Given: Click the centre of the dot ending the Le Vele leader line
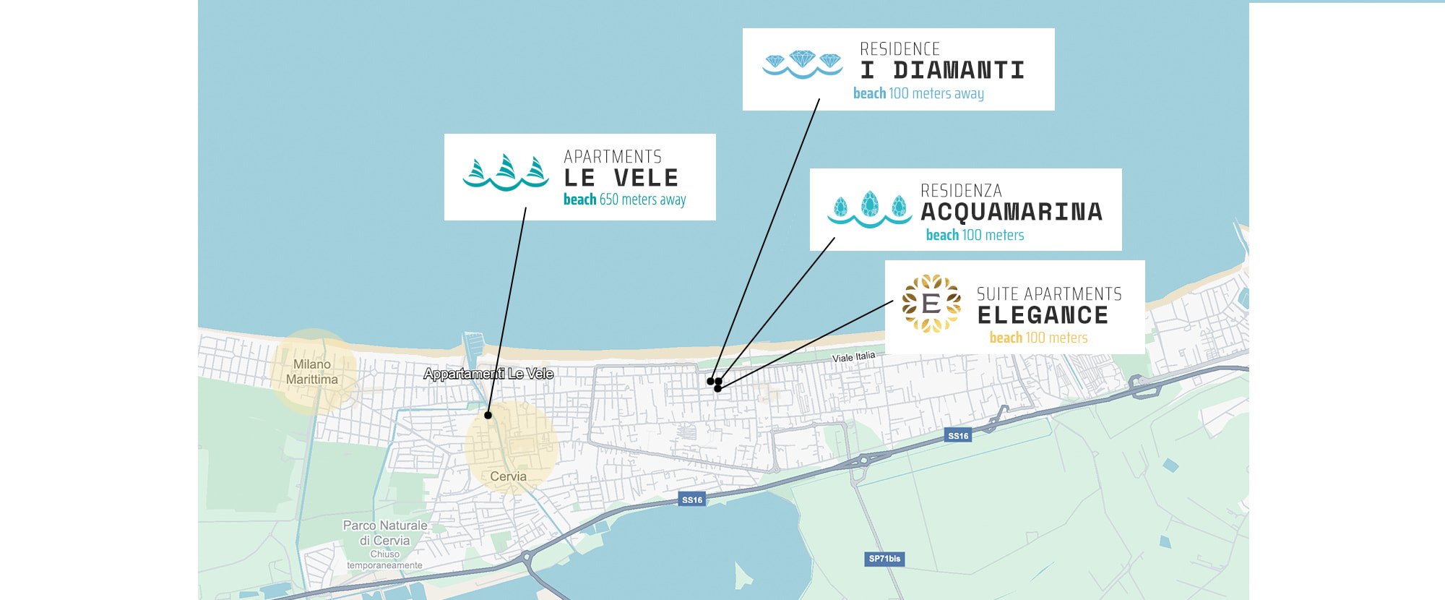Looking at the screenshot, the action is pyautogui.click(x=488, y=415).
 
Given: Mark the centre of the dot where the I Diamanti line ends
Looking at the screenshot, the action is pyautogui.click(x=711, y=381).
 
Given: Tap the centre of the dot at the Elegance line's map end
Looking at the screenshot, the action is pyautogui.click(x=717, y=389).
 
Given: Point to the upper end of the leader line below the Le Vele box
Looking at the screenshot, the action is pyautogui.click(x=525, y=208).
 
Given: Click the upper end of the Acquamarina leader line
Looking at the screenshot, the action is pyautogui.click(x=834, y=238).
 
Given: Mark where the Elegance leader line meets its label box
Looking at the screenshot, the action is pyautogui.click(x=893, y=301).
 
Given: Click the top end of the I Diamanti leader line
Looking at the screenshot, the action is pyautogui.click(x=819, y=99).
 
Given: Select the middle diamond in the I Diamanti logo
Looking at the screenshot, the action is pyautogui.click(x=803, y=59).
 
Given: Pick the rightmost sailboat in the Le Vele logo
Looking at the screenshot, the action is pyautogui.click(x=536, y=169).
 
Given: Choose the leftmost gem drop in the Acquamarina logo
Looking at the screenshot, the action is pyautogui.click(x=840, y=207).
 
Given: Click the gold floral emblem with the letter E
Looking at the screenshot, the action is pyautogui.click(x=931, y=304).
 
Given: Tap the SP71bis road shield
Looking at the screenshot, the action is pyautogui.click(x=884, y=559).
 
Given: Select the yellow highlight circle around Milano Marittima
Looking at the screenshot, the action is pyautogui.click(x=313, y=372).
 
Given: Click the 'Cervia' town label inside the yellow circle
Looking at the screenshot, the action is pyautogui.click(x=509, y=476).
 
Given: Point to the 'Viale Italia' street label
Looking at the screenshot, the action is pyautogui.click(x=853, y=357).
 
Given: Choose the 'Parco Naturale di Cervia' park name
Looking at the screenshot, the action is pyautogui.click(x=385, y=533).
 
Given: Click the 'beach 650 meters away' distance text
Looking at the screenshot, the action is pyautogui.click(x=625, y=200).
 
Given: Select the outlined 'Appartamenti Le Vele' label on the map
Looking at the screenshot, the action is pyautogui.click(x=488, y=374).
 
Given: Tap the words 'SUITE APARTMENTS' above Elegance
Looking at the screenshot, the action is pyautogui.click(x=1049, y=294).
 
